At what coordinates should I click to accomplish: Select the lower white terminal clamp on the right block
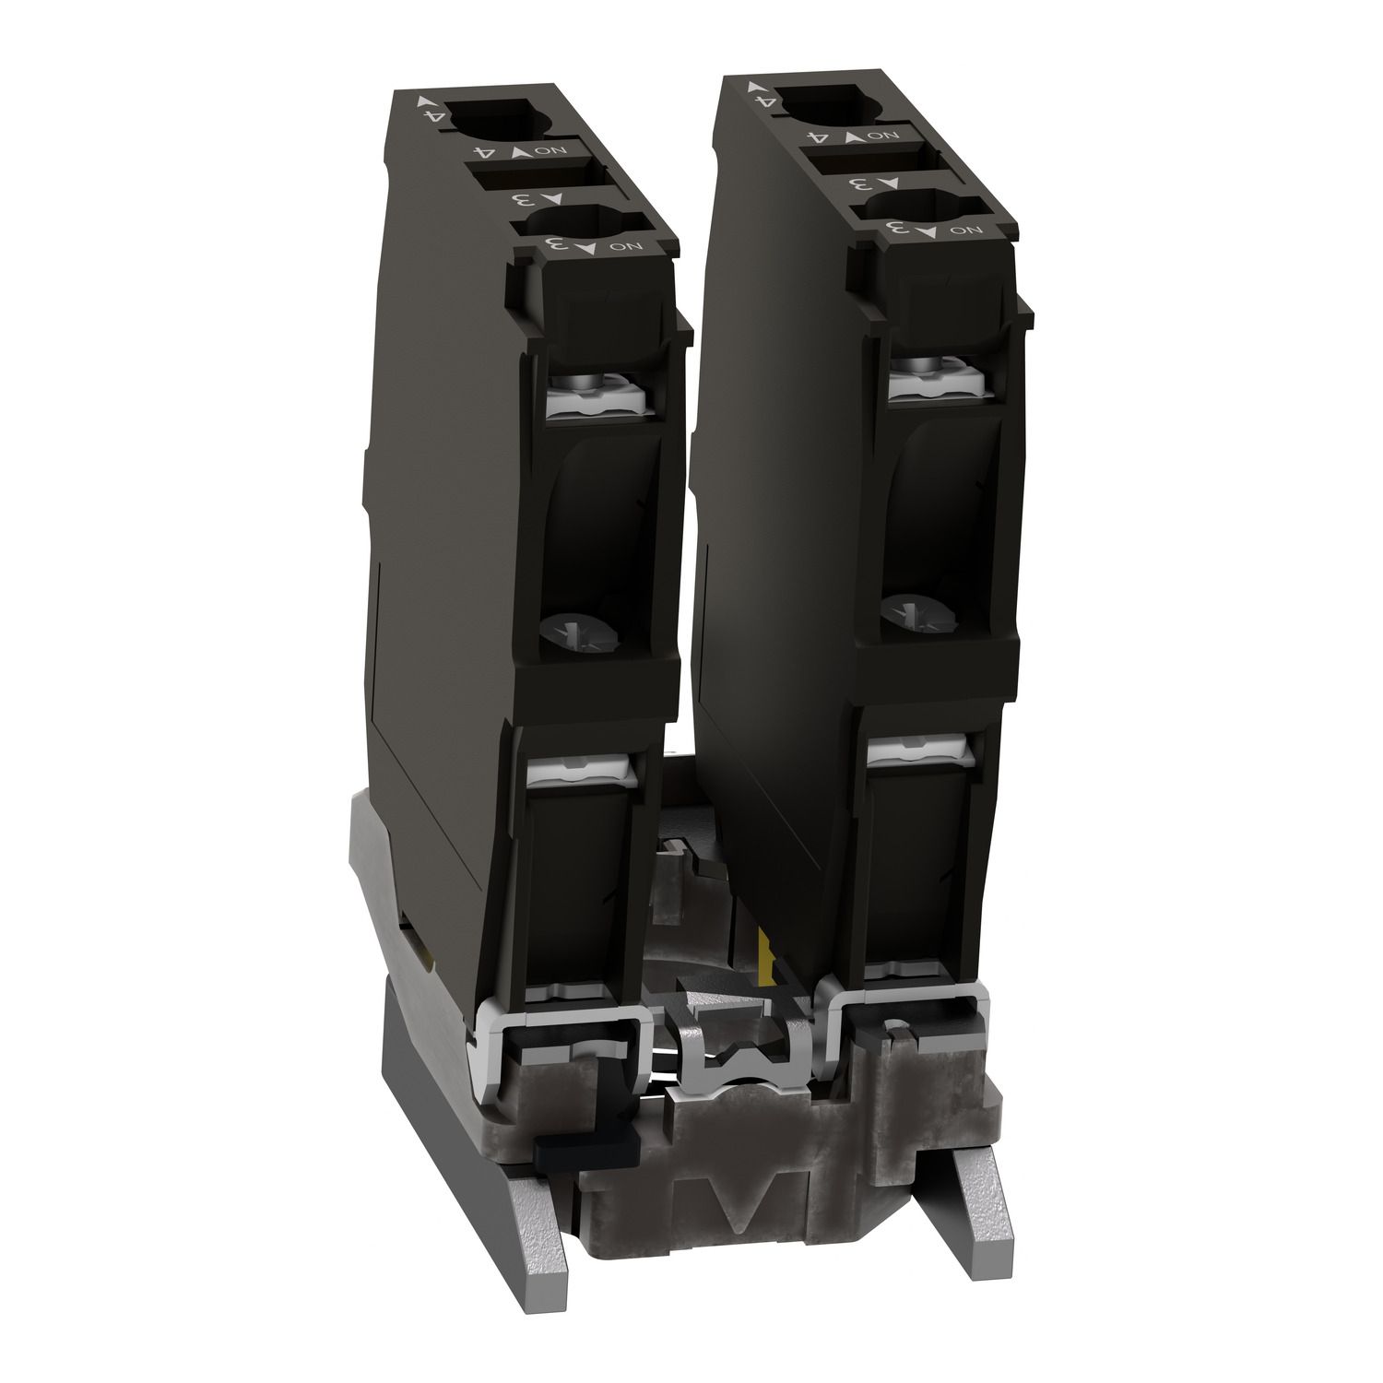(x=919, y=752)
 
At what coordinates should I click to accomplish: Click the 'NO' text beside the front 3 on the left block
(x=626, y=245)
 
